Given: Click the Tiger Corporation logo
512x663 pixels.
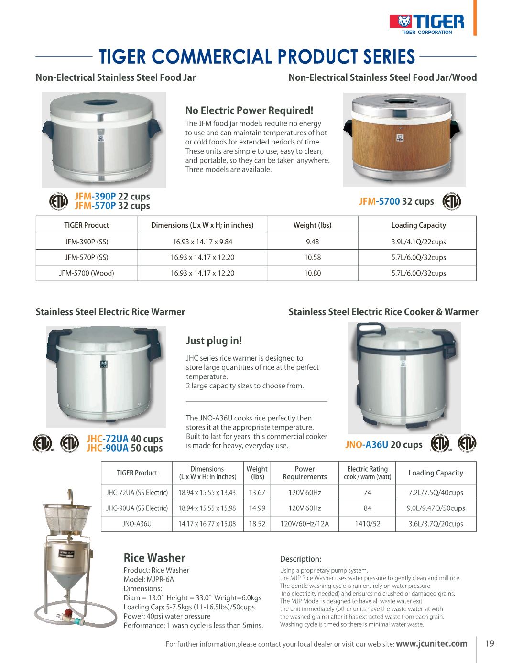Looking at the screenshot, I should click(426, 23).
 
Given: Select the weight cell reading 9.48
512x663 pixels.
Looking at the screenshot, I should click(312, 242).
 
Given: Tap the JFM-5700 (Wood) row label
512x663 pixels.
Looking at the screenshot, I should click(87, 273).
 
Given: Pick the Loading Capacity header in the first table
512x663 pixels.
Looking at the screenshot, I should click(418, 225).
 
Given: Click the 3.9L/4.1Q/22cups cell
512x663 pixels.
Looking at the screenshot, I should click(418, 242).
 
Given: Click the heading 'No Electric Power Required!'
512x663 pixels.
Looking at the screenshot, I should click(249, 110).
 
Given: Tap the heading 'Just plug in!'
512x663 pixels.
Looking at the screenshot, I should click(214, 341).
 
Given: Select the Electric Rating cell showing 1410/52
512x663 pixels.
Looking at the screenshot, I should click(367, 524).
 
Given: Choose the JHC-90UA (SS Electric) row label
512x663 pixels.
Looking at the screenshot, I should click(137, 508).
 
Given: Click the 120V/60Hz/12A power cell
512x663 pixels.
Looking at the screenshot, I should click(305, 524).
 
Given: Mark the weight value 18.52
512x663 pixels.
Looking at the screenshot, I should click(257, 524).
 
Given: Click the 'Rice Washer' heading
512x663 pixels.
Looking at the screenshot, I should click(154, 558).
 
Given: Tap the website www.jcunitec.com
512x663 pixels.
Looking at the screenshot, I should click(432, 643).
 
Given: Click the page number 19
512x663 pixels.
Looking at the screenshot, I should click(490, 643).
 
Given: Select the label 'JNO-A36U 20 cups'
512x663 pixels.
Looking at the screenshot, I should click(383, 444).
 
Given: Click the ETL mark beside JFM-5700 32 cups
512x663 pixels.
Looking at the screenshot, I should click(452, 201).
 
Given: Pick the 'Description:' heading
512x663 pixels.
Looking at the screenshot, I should click(300, 559).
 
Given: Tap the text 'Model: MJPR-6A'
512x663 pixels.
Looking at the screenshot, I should click(149, 579).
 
